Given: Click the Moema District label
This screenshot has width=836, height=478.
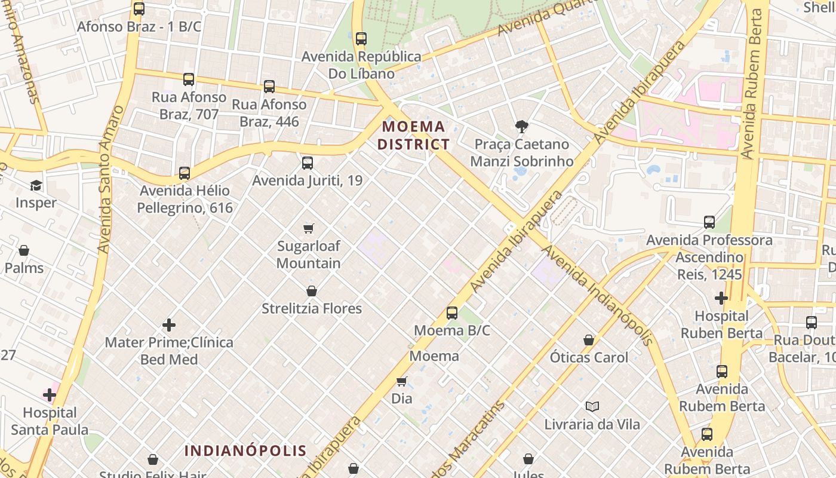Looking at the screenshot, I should point(413,135).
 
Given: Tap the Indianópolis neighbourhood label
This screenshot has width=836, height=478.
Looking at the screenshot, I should point(245,451).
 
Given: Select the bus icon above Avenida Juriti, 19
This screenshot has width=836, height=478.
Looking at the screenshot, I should point(308,163).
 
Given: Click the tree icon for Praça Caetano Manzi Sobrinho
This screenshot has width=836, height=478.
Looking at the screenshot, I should point(521,127).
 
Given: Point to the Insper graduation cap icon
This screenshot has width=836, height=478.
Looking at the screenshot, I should point(36,185).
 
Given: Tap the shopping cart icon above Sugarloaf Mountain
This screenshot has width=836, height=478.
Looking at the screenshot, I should point(308,228).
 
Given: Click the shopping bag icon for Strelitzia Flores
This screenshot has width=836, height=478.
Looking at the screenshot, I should point(311,291).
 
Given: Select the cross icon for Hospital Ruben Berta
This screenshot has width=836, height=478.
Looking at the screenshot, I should point(721,298).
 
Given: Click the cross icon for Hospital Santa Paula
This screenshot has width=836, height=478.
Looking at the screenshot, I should point(50,395).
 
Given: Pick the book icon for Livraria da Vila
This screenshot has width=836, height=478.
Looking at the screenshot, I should point(592,407).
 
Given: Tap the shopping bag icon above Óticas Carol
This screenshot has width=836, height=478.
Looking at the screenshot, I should point(589,340).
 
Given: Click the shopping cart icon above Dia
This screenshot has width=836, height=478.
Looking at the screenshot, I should point(402,381).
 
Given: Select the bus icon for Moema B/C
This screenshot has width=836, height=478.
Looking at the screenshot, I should point(452,312).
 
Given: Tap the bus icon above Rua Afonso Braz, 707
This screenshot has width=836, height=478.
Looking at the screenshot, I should point(189,79).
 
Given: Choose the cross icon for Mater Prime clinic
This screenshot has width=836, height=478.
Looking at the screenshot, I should point(169,325).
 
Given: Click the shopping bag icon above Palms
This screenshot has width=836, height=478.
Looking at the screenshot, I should point(24,250).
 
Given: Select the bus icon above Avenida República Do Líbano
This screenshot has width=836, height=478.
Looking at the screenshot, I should point(361,39).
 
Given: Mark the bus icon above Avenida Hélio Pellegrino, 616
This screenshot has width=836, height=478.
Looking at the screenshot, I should point(185,173).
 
